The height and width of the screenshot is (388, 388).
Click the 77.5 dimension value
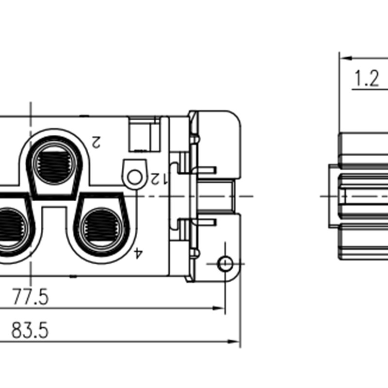pos(30,297)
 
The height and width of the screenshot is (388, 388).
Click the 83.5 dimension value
pos(30,331)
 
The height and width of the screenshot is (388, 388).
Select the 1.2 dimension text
pos(366,78)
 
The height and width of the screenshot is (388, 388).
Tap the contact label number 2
pos(96,142)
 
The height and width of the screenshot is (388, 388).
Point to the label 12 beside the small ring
pos(158,178)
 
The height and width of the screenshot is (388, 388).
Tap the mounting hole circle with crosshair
pos(225,264)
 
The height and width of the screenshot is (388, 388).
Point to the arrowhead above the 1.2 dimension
pos(345,58)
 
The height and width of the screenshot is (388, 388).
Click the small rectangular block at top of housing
pos(143,135)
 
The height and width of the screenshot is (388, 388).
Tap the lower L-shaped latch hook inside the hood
pos(196,223)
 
